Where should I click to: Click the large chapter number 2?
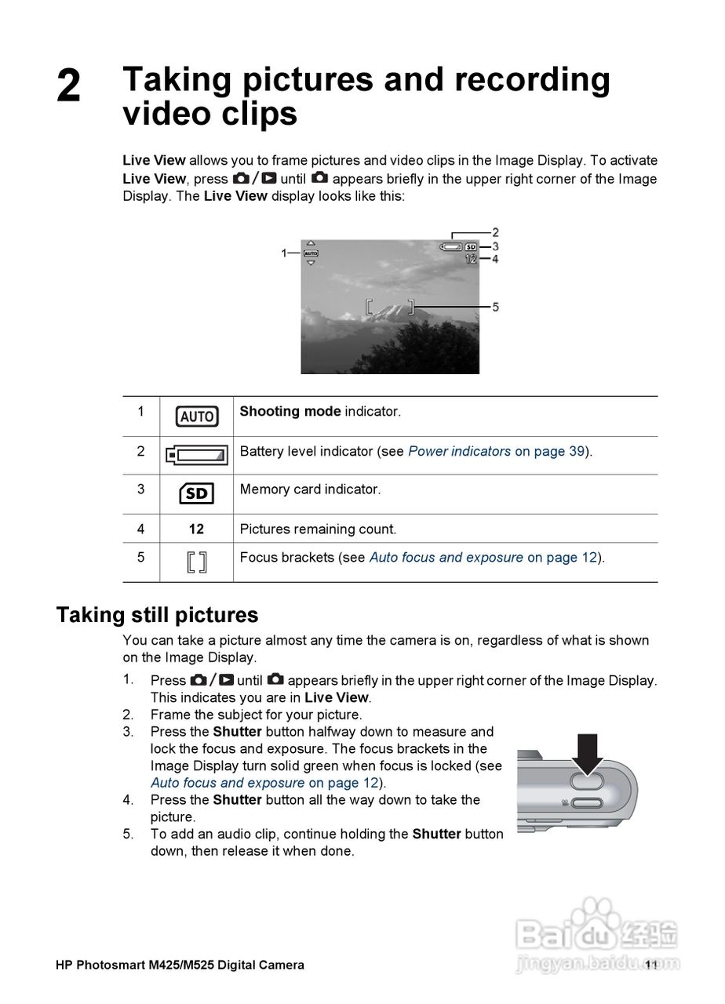click(x=69, y=86)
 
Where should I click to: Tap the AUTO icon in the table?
click(x=196, y=417)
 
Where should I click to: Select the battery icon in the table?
click(x=196, y=455)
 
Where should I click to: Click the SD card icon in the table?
click(x=196, y=493)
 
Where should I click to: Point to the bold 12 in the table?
click(x=196, y=529)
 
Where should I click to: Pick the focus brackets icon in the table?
click(x=197, y=562)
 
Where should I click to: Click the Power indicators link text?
click(x=459, y=452)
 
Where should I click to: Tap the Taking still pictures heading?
click(x=157, y=614)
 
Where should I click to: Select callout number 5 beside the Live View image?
click(x=495, y=307)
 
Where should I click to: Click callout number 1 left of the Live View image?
click(x=284, y=253)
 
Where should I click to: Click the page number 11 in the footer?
click(x=650, y=965)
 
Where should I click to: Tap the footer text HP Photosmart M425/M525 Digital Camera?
click(x=180, y=965)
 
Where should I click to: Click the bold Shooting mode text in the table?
click(x=290, y=412)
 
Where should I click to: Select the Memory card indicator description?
click(x=310, y=489)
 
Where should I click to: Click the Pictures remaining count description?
click(x=318, y=529)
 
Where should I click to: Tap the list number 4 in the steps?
click(x=128, y=800)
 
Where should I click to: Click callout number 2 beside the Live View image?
click(x=495, y=232)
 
